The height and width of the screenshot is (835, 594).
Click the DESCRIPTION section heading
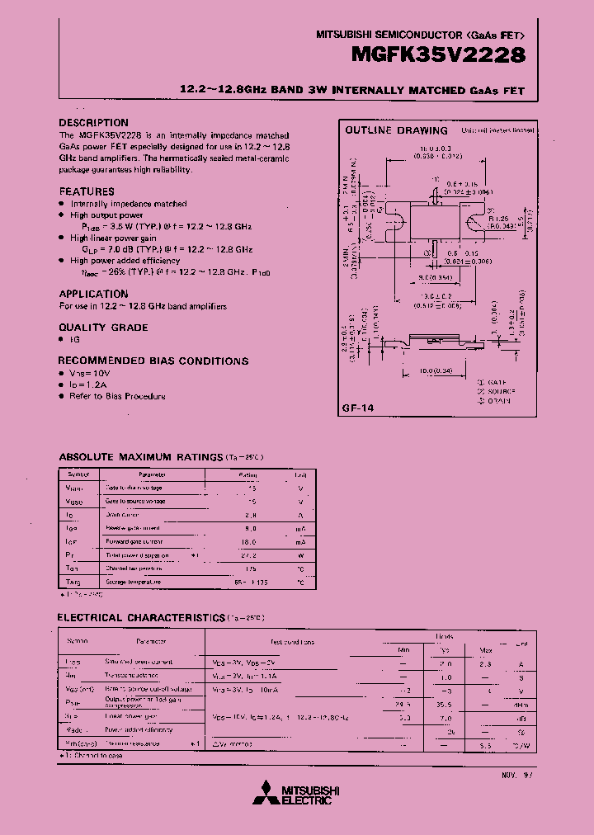94,122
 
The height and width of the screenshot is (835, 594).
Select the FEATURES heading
87,191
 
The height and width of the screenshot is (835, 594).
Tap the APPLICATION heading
93,294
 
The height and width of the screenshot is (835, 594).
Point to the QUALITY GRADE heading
103,328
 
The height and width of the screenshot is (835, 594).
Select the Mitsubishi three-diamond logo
267,792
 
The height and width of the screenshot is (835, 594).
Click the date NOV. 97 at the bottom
518,776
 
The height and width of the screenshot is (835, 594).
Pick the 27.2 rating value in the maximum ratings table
249,555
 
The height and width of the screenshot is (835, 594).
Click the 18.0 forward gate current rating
249,542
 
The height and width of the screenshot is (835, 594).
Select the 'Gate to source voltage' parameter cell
135,502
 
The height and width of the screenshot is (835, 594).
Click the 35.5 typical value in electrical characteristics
447,705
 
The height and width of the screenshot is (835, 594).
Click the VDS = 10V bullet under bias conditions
89,374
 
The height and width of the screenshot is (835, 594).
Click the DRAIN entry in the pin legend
495,401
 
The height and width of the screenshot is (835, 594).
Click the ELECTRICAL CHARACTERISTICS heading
140,617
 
